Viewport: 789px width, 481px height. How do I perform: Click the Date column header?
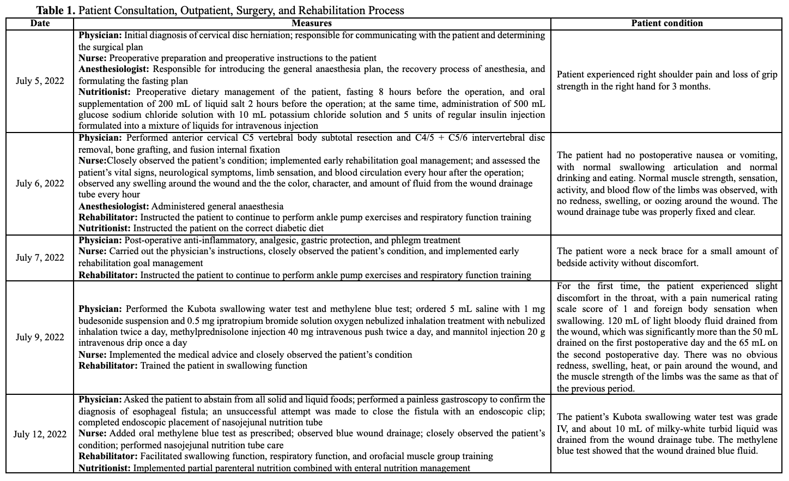point(40,23)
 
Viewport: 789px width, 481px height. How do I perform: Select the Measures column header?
point(311,23)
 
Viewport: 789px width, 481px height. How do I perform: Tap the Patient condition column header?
point(666,23)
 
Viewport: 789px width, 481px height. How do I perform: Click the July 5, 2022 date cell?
point(40,81)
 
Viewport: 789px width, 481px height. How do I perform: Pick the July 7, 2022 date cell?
point(40,257)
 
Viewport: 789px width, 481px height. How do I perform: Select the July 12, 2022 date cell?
point(40,434)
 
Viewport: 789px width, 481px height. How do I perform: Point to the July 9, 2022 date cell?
point(40,337)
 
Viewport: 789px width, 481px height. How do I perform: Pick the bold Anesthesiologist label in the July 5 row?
point(113,69)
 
